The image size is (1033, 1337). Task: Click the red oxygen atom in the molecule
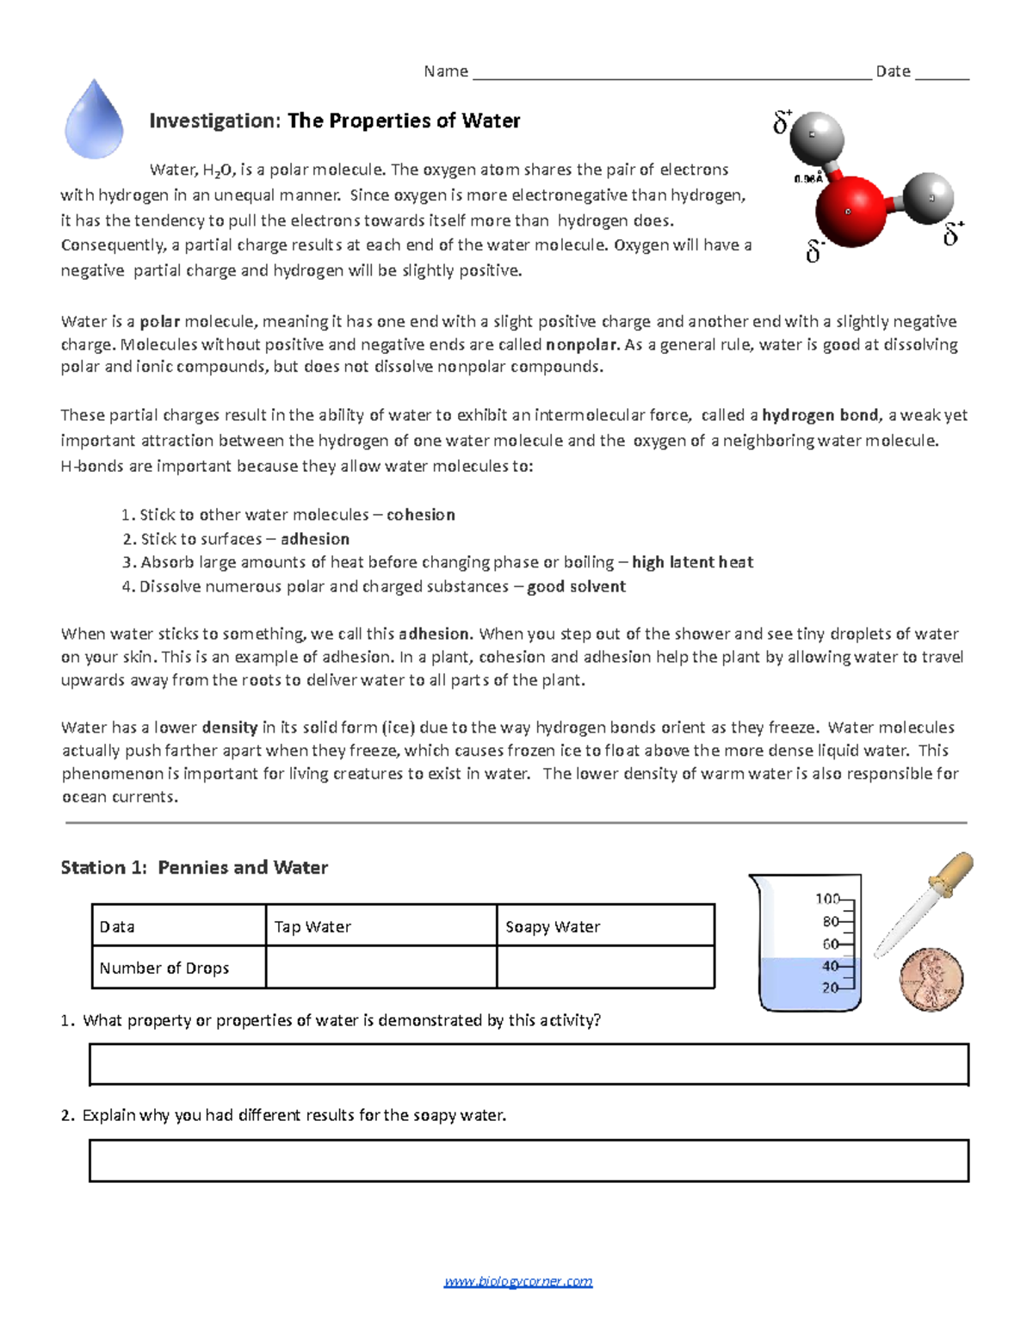click(x=849, y=209)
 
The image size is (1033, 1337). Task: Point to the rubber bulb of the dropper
click(x=953, y=871)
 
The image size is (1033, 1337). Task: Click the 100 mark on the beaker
click(x=827, y=899)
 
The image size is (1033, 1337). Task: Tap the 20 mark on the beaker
click(x=830, y=987)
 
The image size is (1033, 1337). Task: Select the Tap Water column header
click(x=312, y=926)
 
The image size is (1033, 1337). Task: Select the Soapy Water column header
click(x=553, y=926)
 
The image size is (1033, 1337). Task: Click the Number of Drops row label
click(x=164, y=968)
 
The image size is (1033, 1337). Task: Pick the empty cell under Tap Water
click(x=380, y=968)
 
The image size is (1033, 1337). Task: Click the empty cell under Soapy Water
click(x=605, y=968)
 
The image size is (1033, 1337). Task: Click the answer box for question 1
click(x=529, y=1064)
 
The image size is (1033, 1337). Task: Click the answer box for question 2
click(x=529, y=1161)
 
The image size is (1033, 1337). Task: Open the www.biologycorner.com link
click(x=518, y=1281)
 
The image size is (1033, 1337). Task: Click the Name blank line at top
click(x=671, y=72)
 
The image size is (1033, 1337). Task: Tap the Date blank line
click(x=942, y=72)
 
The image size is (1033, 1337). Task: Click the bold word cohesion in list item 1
click(x=420, y=515)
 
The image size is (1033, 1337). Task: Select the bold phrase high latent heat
click(x=692, y=562)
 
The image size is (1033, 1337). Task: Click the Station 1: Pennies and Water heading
click(x=195, y=867)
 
